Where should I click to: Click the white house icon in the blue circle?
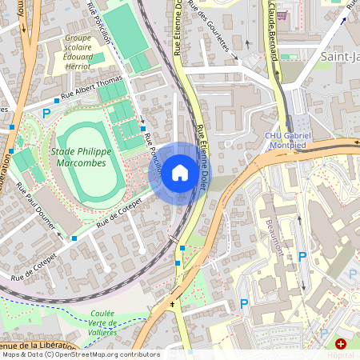[180, 172]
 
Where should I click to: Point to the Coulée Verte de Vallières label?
[91, 322]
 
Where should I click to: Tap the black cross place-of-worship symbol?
[171, 306]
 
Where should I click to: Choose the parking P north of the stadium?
[46, 114]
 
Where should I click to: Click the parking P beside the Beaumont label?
[302, 256]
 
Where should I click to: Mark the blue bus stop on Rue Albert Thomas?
[58, 101]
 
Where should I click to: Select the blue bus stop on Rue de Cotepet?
[74, 238]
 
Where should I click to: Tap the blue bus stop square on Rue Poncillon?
[142, 129]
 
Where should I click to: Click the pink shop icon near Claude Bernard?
[280, 14]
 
